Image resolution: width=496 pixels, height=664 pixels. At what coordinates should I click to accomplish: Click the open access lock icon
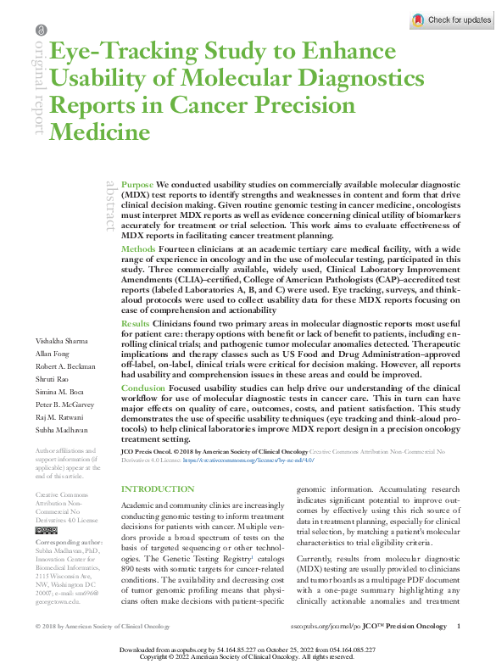tap(40, 31)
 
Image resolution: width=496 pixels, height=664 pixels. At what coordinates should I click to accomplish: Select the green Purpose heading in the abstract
tap(137, 184)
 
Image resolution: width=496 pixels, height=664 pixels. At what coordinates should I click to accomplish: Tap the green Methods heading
tap(138, 249)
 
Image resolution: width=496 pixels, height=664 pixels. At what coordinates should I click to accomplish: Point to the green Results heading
tap(136, 324)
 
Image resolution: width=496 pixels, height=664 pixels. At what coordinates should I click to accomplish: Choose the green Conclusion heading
tap(142, 388)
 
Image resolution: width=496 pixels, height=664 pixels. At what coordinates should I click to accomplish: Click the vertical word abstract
tap(110, 204)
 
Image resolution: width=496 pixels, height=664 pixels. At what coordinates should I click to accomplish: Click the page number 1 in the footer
tap(458, 626)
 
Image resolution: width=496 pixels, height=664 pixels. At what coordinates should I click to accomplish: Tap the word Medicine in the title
tap(100, 132)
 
